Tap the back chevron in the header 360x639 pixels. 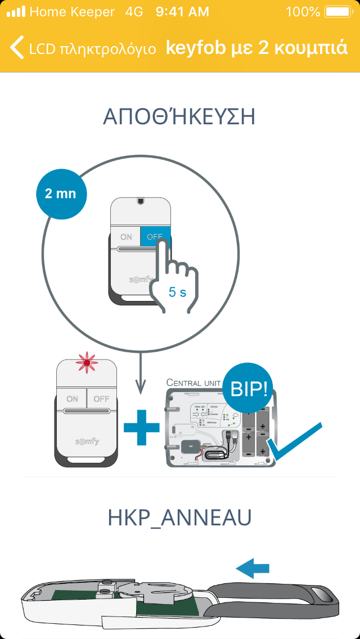[18, 47]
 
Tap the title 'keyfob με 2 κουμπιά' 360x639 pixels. [256, 47]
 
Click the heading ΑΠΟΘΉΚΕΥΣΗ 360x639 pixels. [179, 117]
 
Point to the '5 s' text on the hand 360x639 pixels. [177, 292]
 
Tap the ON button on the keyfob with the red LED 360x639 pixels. [72, 399]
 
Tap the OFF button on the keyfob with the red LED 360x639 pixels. [101, 399]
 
